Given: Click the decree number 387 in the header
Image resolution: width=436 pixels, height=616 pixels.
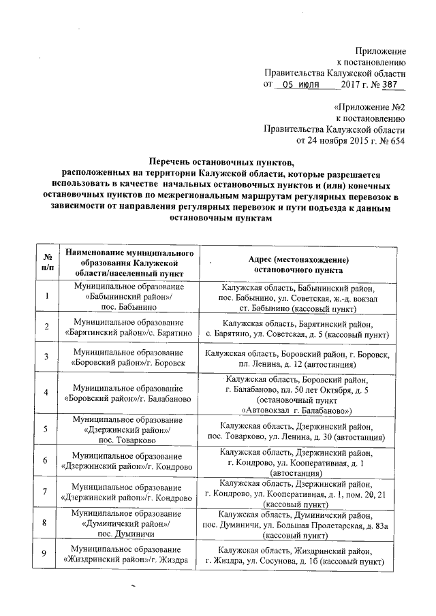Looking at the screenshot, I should pos(392,84).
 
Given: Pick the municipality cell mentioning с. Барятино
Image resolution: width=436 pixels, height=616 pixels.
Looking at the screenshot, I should pos(129,329).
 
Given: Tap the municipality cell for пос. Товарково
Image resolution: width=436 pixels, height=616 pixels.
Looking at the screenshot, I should pos(129,429).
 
